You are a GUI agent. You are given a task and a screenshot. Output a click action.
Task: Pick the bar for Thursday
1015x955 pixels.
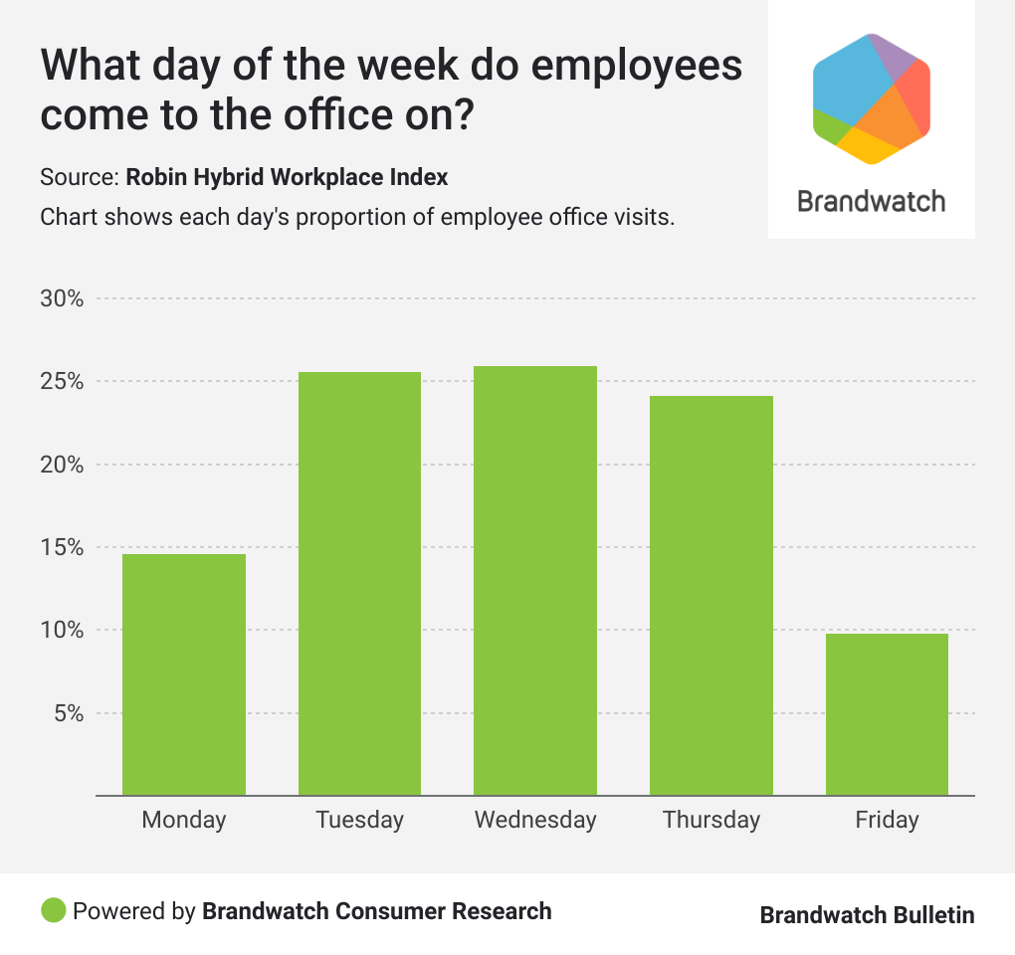coord(710,596)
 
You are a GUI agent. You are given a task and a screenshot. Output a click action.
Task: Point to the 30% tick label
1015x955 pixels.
coord(62,298)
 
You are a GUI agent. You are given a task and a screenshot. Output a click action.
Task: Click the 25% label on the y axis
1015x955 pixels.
coord(62,382)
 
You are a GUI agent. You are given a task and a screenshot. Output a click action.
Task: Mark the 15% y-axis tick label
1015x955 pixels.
coord(62,547)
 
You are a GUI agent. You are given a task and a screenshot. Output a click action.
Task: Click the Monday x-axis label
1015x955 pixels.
coord(184,820)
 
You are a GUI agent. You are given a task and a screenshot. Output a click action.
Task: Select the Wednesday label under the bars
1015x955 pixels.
coord(535,820)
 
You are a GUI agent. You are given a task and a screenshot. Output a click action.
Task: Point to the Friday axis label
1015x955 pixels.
coord(887,820)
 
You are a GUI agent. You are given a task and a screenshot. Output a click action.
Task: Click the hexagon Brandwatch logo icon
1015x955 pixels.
coord(871,97)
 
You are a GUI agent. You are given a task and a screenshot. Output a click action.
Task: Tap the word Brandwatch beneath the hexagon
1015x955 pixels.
coord(871,201)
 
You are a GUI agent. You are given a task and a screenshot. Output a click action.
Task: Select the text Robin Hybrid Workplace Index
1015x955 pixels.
coord(287,178)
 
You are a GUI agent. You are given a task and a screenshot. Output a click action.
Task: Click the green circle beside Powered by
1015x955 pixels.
coord(54,910)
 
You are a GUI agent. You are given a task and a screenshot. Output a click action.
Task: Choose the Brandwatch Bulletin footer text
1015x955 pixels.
coord(867,915)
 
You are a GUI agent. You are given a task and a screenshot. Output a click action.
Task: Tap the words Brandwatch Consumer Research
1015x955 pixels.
coord(376,911)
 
